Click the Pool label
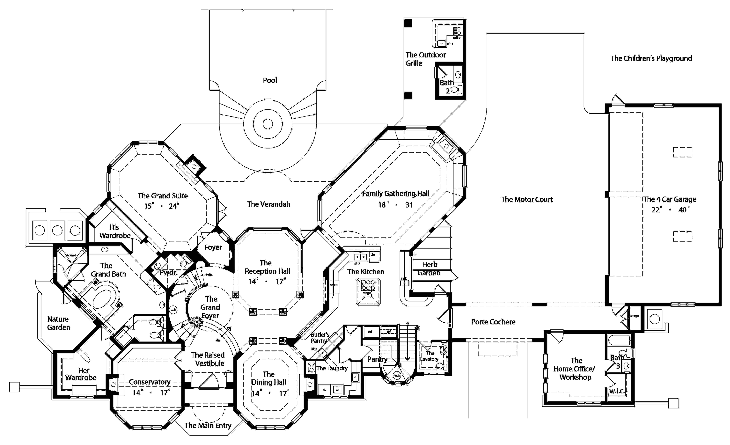click(x=270, y=80)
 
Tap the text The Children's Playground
click(x=651, y=58)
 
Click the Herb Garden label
click(x=429, y=268)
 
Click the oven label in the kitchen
click(x=334, y=284)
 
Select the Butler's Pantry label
click(x=320, y=337)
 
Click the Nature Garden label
click(x=58, y=323)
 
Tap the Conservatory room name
click(x=150, y=382)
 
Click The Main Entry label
click(x=208, y=425)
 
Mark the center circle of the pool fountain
click(x=268, y=124)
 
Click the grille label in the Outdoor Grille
click(x=456, y=38)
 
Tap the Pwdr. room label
click(x=169, y=272)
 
